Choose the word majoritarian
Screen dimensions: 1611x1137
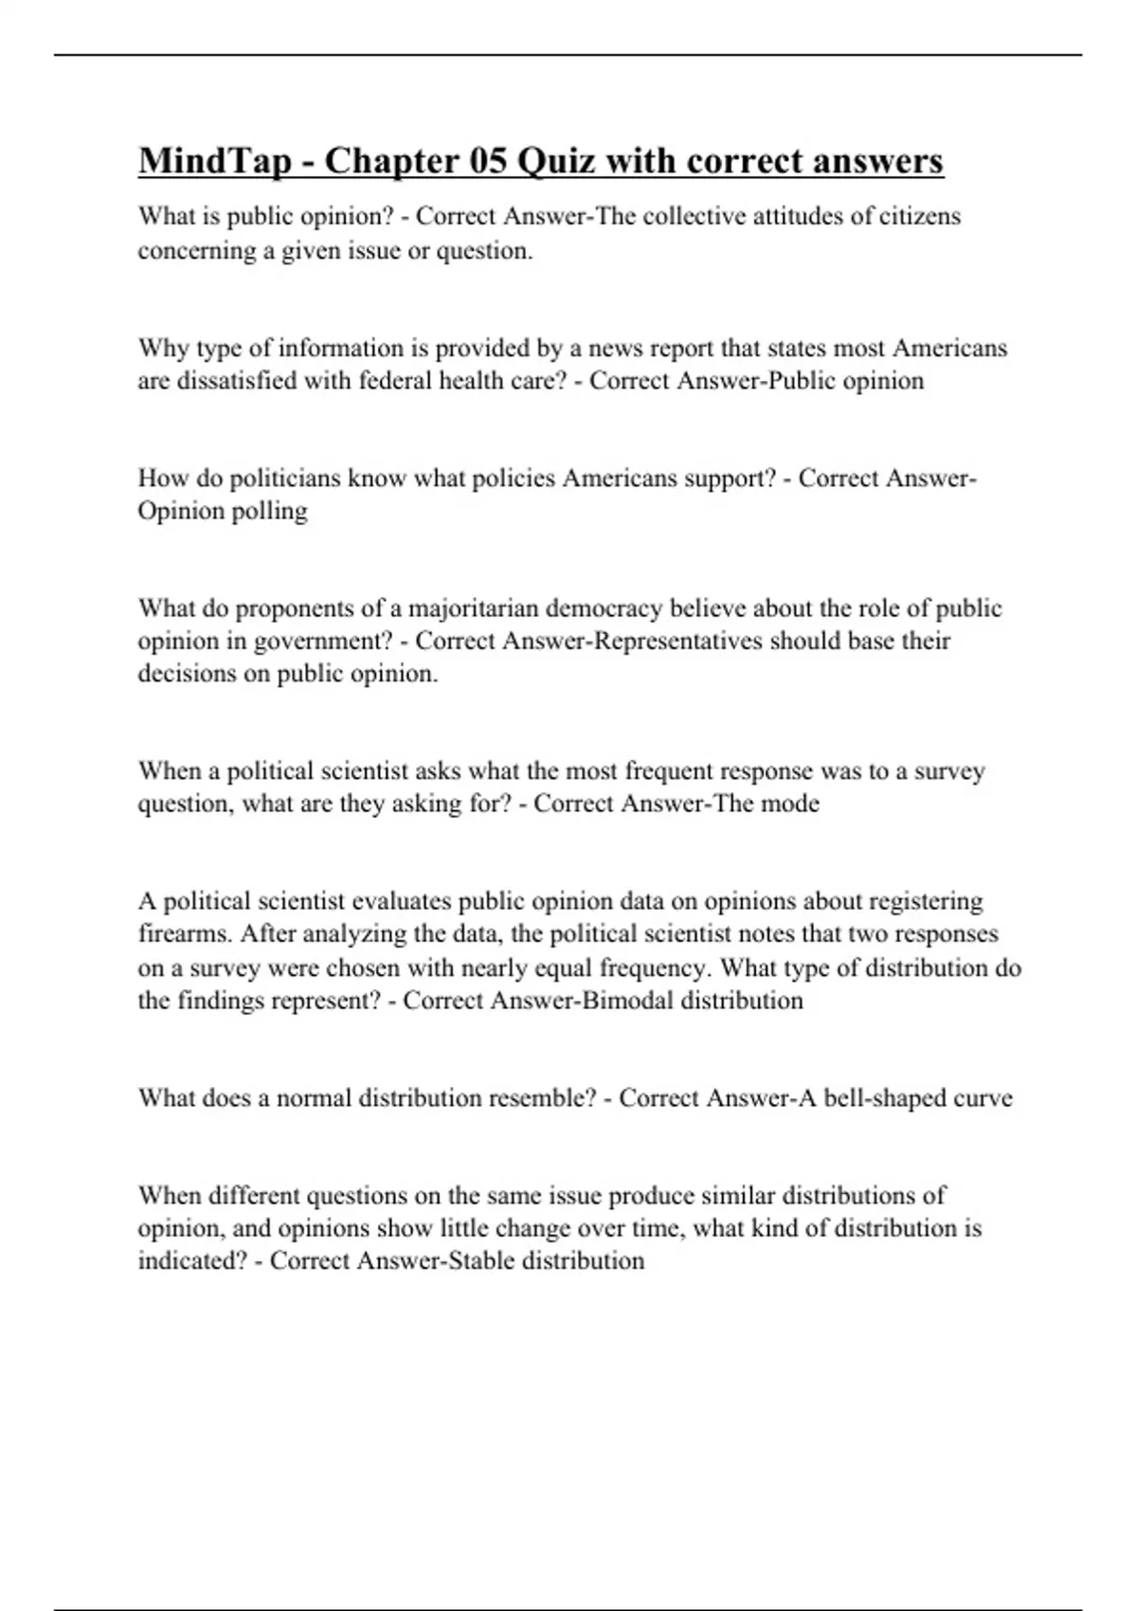pyautogui.click(x=473, y=608)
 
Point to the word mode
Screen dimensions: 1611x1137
pyautogui.click(x=794, y=805)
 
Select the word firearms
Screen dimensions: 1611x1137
pyautogui.click(x=185, y=934)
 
